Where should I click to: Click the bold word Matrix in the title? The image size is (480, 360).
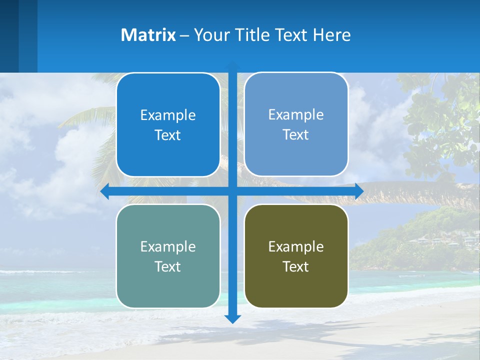point(148,35)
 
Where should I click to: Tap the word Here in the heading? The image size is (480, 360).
point(332,35)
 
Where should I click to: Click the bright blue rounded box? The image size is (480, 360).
point(168,125)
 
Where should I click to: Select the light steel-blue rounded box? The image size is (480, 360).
point(296,124)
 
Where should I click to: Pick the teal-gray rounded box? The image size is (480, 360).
point(168,256)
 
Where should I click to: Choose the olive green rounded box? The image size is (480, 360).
point(296,256)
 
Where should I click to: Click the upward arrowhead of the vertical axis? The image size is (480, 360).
point(232,65)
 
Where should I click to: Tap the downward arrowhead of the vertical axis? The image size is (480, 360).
point(232,318)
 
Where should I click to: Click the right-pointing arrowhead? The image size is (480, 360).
point(359,191)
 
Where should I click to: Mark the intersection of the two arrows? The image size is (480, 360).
point(232,191)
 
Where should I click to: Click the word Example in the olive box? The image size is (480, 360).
point(296,246)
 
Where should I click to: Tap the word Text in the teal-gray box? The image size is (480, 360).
point(168,266)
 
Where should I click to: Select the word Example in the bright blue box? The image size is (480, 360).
point(168,115)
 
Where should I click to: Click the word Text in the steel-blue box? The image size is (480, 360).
point(296,134)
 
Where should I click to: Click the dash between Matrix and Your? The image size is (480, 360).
point(184,35)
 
